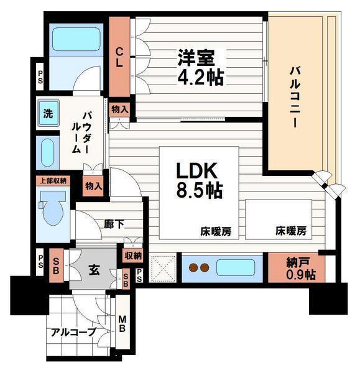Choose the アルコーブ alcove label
[x=73, y=332]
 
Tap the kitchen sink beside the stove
[x=235, y=268]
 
